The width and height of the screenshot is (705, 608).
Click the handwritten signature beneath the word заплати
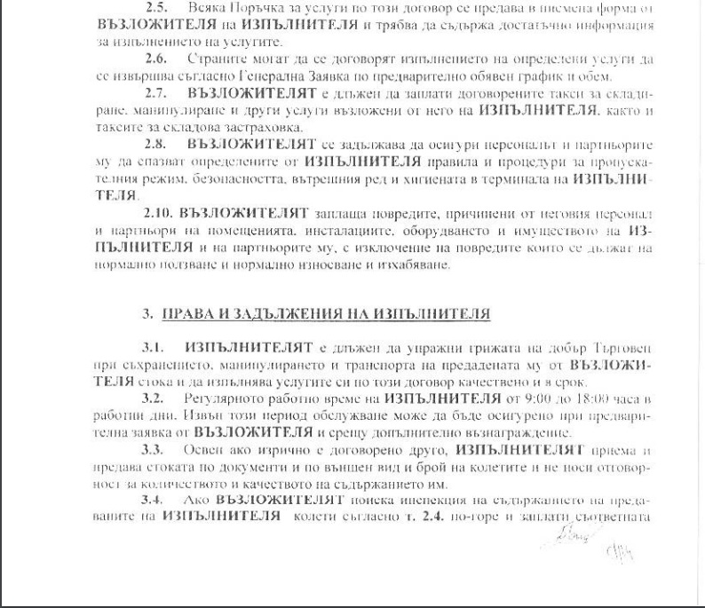pos(557,536)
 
